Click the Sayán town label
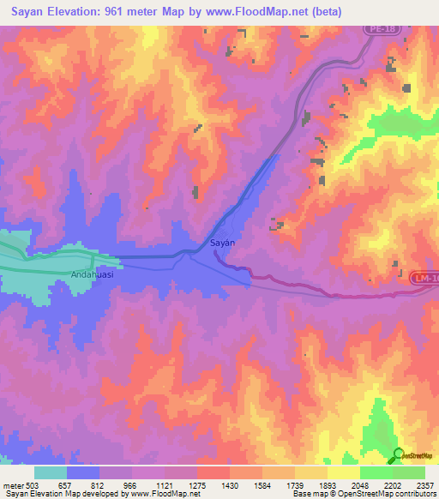point(223,243)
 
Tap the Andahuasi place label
point(93,276)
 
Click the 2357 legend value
point(424,484)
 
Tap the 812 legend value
point(99,484)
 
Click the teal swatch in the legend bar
point(51,472)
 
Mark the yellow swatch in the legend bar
point(344,472)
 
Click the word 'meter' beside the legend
point(13,484)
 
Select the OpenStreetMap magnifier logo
point(398,454)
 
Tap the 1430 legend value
point(229,484)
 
